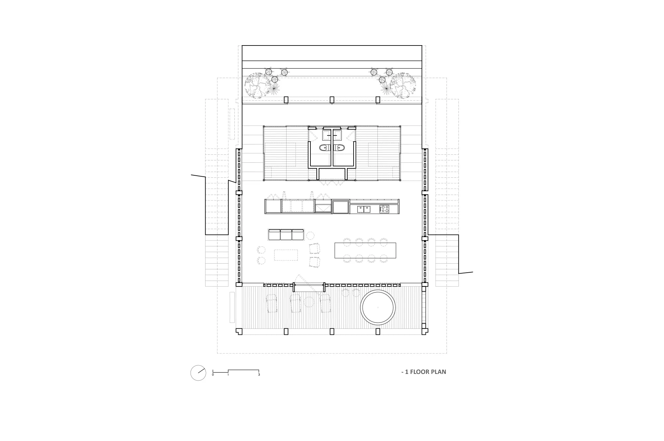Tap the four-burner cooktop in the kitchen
pos(384,209)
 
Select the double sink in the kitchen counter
pos(364,209)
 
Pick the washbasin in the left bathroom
pos(327,134)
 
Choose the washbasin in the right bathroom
pos(337,134)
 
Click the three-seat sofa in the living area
pos(286,235)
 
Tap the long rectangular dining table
pos(365,250)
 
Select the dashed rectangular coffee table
pos(286,255)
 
